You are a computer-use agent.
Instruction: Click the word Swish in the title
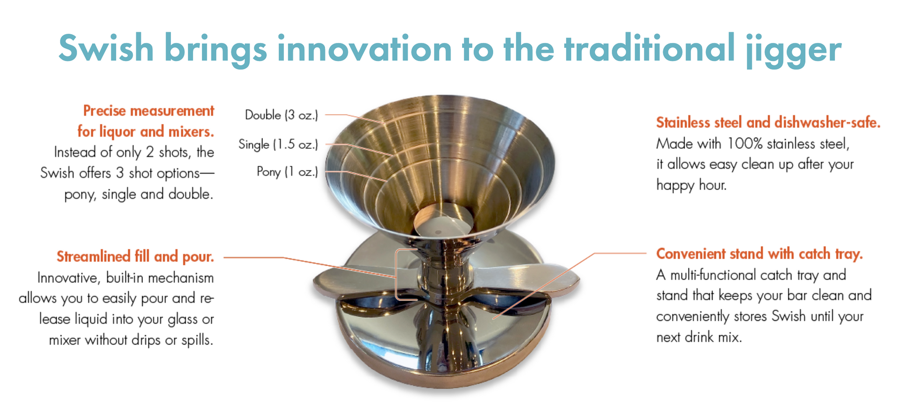106,48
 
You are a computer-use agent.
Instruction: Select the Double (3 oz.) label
282,115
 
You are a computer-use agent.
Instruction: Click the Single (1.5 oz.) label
278,144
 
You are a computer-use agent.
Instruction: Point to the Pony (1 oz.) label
287,172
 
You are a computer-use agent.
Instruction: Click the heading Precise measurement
148,111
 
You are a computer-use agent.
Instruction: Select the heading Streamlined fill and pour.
135,256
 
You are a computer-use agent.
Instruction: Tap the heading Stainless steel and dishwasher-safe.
768,123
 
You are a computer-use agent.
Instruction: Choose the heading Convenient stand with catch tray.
759,254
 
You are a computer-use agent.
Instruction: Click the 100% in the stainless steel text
745,144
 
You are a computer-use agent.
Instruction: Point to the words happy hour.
691,185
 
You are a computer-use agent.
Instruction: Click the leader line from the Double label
355,119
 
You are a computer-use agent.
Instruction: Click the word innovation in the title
364,48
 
